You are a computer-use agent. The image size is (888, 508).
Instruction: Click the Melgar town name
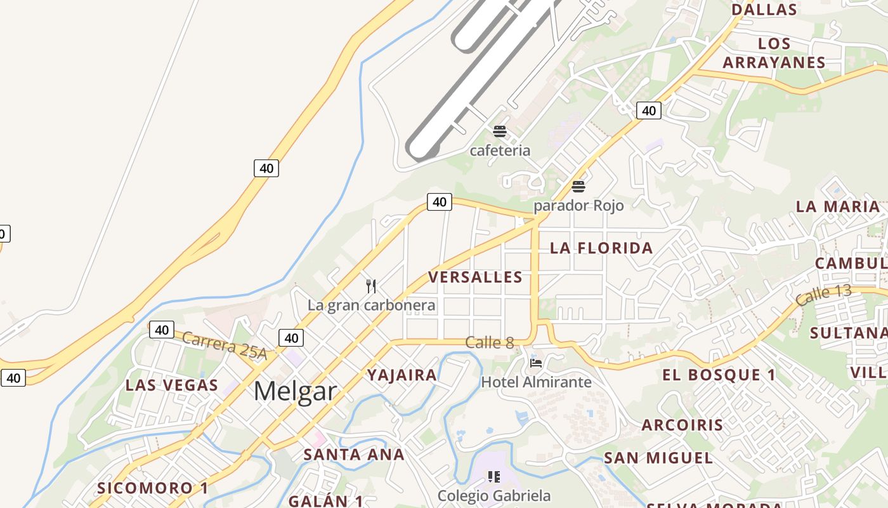[x=295, y=391]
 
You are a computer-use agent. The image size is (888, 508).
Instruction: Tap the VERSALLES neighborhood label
[x=475, y=277]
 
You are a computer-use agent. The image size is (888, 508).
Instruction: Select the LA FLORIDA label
[x=601, y=248]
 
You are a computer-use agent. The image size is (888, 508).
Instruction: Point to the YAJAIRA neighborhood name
[x=402, y=375]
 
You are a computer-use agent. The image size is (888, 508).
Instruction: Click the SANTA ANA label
[x=354, y=454]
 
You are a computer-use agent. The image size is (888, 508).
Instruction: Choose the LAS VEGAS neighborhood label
[x=171, y=385]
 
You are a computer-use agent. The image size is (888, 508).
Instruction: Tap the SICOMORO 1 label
[x=152, y=488]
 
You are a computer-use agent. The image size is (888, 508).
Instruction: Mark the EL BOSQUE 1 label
[x=719, y=375]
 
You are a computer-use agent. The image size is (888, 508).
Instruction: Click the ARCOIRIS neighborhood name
[x=682, y=425]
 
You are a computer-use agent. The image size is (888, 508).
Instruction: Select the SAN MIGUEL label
[x=658, y=457]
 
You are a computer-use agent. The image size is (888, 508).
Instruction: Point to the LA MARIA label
[x=838, y=206]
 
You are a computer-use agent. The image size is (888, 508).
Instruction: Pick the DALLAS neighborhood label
[x=764, y=10]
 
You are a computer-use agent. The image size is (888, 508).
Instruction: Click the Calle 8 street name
[x=489, y=342]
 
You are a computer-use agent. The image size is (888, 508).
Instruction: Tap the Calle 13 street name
[x=823, y=295]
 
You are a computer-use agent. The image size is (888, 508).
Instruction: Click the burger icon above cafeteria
[x=500, y=131]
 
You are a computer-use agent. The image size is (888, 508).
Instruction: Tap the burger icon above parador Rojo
[x=578, y=187]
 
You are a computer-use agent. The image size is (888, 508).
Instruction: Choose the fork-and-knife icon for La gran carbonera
[x=371, y=286]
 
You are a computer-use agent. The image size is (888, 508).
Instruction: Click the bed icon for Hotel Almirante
[x=536, y=363]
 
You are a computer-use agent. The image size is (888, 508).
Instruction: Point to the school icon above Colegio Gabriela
[x=494, y=476]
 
